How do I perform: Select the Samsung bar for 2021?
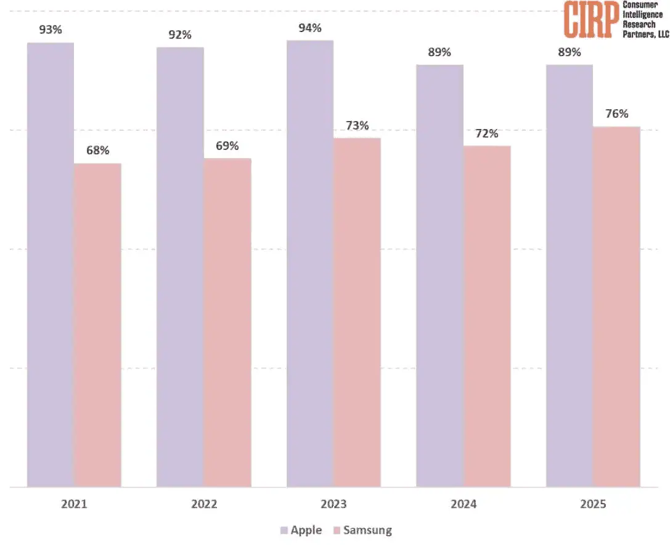point(97,325)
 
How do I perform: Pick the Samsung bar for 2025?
point(616,306)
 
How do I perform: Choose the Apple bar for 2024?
point(439,275)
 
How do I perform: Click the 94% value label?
point(310,28)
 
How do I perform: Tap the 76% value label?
point(616,114)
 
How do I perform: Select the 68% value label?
point(97,151)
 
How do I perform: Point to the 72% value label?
point(487,133)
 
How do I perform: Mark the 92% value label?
point(181,35)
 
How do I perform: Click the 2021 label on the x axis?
point(74,504)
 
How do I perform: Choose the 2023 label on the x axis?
point(333,504)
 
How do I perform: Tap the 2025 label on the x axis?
point(593,504)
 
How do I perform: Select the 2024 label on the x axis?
point(464,504)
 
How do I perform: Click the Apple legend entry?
point(301,530)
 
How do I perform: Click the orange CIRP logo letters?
point(591,20)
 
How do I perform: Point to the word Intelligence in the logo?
point(642,14)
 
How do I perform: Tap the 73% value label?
point(357,126)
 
